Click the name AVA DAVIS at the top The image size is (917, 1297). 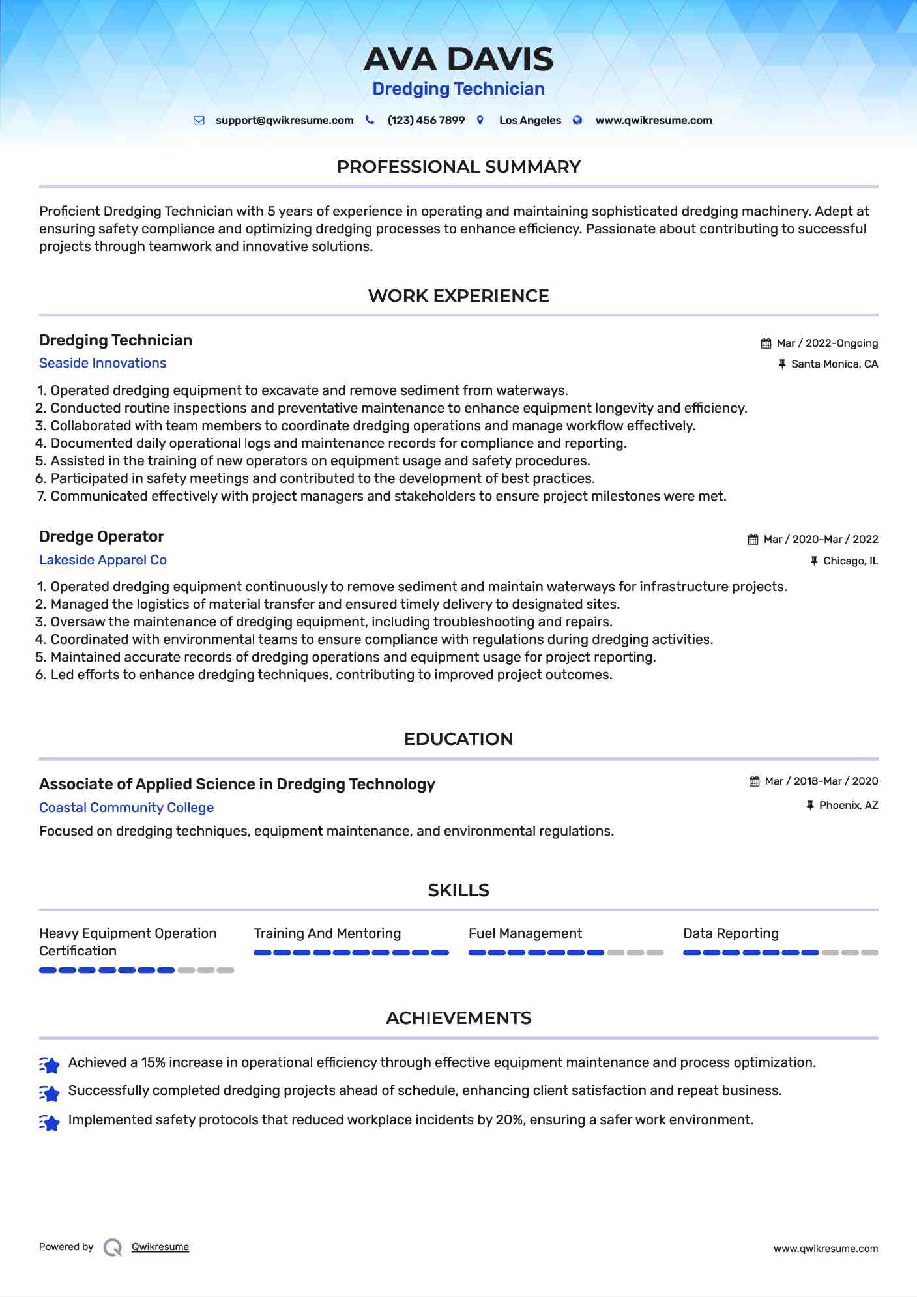(458, 59)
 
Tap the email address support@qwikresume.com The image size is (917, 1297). (284, 121)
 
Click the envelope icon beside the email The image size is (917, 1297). (199, 121)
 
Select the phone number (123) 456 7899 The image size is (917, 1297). (426, 121)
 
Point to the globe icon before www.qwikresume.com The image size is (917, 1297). (577, 121)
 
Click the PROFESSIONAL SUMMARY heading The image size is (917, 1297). (458, 167)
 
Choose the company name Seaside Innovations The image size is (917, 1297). (102, 363)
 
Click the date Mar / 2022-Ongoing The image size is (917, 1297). (827, 343)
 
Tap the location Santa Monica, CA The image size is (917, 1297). (834, 364)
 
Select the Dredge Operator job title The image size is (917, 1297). (102, 536)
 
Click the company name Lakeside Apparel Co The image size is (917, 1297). (103, 560)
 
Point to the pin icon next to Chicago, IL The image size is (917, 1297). (813, 561)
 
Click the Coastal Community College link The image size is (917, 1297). (126, 808)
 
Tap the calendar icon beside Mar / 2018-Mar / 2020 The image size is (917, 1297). (754, 781)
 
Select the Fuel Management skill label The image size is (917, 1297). (525, 933)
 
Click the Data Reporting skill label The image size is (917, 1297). (731, 933)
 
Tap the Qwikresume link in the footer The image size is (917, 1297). (160, 1247)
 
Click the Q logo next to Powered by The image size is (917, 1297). (113, 1247)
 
